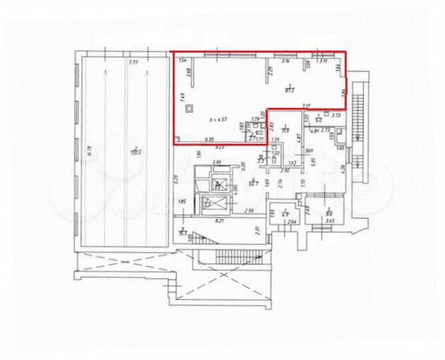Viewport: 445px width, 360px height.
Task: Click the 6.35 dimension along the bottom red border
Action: click(x=209, y=140)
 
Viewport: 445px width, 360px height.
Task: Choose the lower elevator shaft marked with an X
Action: click(x=211, y=203)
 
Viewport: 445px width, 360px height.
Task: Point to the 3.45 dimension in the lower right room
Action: click(x=328, y=219)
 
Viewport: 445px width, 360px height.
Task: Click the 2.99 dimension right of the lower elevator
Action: click(x=248, y=211)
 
